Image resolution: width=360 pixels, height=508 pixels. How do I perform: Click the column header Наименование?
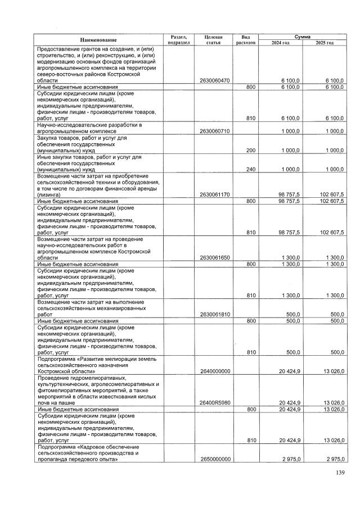click(98, 39)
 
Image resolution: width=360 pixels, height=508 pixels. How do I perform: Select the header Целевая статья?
click(214, 39)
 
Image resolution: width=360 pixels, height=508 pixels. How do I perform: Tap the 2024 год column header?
click(280, 43)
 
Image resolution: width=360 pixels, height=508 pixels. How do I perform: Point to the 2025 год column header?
click(324, 43)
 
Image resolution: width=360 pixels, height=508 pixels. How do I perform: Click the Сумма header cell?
click(302, 36)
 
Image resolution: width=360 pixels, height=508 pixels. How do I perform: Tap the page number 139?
click(339, 473)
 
